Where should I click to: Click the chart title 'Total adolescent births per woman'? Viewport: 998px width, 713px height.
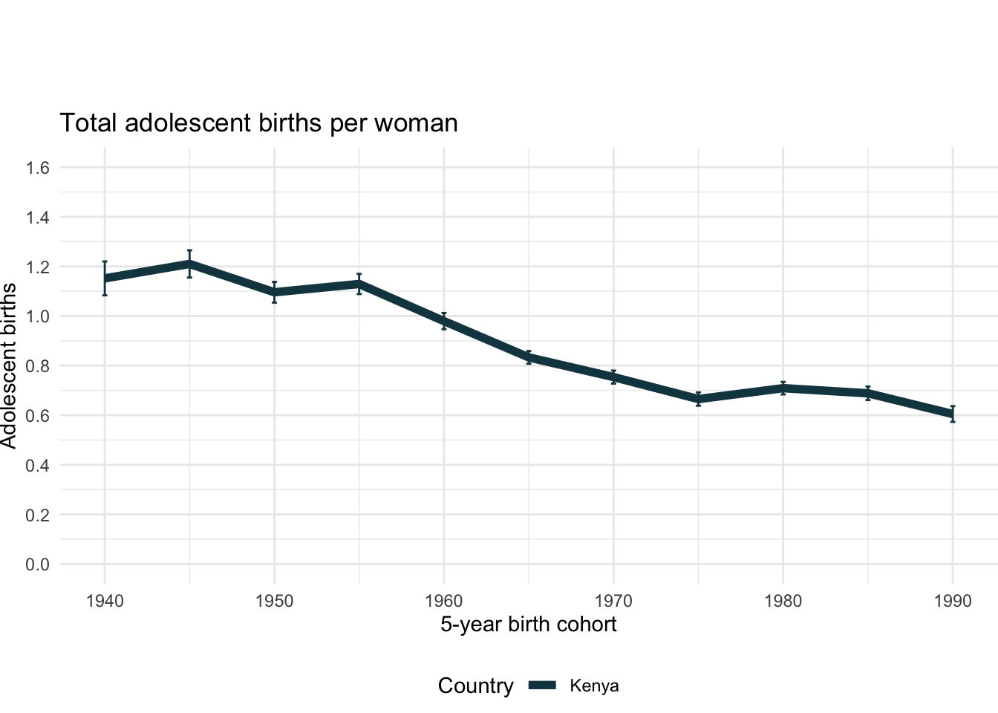point(258,123)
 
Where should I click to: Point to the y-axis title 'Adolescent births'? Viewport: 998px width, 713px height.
point(9,365)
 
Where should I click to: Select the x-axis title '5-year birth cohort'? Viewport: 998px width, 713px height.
point(528,624)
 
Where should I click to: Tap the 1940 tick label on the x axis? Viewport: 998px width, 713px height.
point(105,601)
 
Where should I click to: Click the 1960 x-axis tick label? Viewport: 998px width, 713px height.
point(444,601)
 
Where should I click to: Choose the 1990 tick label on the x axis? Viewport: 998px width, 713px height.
point(953,601)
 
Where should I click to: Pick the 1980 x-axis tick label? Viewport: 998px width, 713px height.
point(783,601)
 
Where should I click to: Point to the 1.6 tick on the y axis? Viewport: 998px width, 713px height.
point(38,168)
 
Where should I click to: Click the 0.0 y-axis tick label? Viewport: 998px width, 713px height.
point(38,564)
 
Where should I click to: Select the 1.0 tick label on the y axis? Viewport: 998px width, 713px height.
point(38,316)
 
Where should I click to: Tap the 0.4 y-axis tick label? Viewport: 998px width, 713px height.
point(38,465)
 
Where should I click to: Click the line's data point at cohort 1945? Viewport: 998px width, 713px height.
point(189,264)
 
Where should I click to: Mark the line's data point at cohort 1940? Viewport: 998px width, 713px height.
point(105,279)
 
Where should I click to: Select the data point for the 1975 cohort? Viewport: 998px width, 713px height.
point(699,400)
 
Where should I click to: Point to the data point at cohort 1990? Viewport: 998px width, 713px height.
point(953,414)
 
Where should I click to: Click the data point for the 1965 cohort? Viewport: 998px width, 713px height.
point(529,357)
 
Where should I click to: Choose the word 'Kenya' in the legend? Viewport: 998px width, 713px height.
point(594,686)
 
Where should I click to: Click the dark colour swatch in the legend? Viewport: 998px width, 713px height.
point(542,686)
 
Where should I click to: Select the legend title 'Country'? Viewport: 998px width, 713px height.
point(475,686)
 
